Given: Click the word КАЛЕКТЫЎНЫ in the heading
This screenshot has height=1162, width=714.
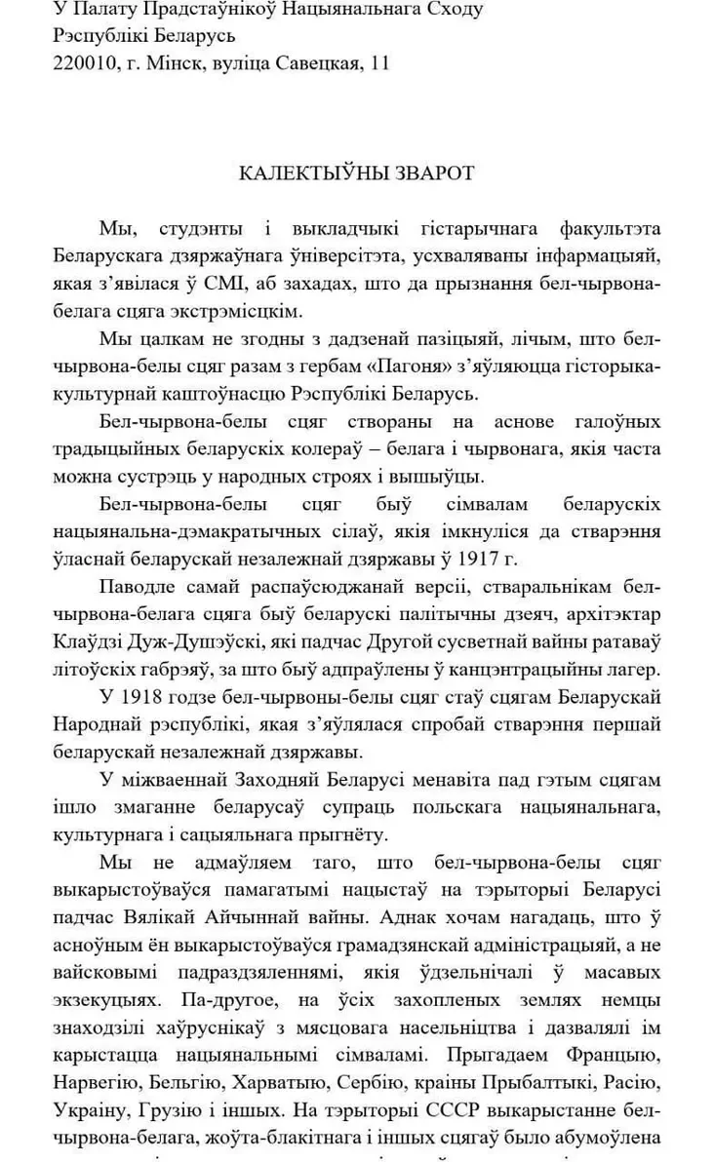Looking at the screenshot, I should click(x=315, y=174).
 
